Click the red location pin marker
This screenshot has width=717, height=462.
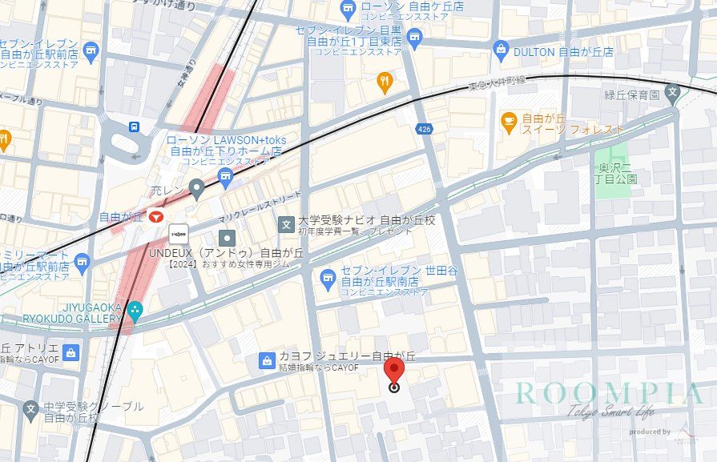point(393,374)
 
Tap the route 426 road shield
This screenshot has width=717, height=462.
point(424,128)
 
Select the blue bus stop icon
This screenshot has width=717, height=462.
point(134,127)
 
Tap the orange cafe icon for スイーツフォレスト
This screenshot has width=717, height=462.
point(509,121)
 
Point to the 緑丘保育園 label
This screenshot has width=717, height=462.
point(631,94)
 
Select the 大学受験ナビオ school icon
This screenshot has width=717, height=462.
point(285,225)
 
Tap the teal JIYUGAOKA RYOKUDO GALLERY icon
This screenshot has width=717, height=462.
point(135,308)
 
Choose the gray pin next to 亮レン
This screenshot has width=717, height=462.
point(196,189)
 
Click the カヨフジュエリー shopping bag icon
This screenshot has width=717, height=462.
point(266,361)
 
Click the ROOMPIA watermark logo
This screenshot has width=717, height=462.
point(609,395)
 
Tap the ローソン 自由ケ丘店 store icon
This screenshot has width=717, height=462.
point(348,10)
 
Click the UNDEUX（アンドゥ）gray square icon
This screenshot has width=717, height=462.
point(228,237)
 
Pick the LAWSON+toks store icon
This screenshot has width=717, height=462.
point(225,175)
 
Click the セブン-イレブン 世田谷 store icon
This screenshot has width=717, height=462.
point(328,278)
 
